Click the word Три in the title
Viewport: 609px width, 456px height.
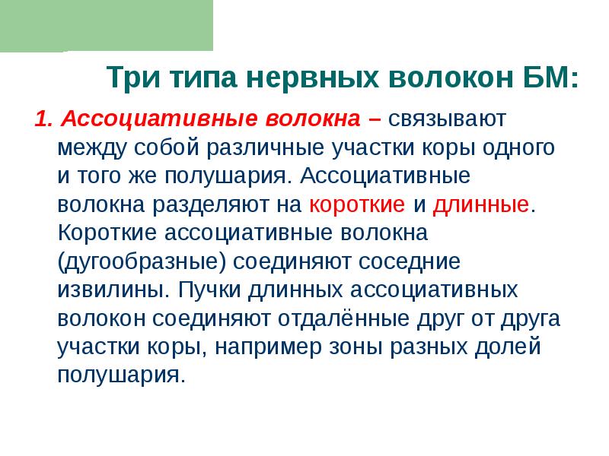coord(130,78)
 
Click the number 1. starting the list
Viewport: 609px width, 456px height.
coord(43,119)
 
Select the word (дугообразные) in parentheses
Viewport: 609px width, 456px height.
coord(142,263)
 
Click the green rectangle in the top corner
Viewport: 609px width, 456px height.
coord(107,25)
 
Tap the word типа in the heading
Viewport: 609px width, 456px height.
coord(195,78)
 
